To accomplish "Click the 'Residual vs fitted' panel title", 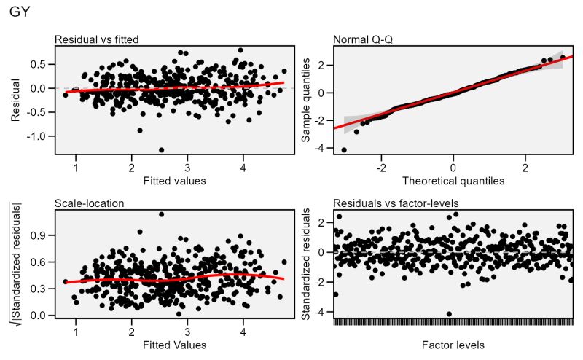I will (97, 39).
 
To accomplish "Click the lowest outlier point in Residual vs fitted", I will (161, 149).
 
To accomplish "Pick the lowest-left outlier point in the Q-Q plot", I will (344, 149).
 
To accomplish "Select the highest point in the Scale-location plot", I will (161, 214).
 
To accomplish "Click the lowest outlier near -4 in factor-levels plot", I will (449, 313).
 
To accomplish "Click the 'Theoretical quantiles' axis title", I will (453, 180).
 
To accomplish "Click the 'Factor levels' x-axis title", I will (453, 343).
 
